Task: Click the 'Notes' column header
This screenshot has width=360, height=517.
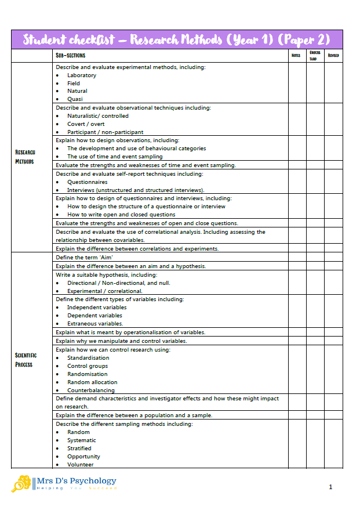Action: (x=296, y=56)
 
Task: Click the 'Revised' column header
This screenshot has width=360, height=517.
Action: (x=333, y=56)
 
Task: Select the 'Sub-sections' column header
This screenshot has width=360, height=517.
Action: (x=70, y=56)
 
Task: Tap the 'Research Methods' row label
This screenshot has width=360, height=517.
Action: (x=25, y=157)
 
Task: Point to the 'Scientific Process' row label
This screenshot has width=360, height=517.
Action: (x=26, y=360)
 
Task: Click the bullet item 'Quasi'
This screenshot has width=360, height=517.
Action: (x=75, y=99)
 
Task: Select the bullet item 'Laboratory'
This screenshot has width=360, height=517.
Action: (x=82, y=75)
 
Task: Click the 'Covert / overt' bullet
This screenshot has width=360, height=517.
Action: (x=86, y=124)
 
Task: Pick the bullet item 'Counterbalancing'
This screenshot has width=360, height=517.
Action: (x=90, y=391)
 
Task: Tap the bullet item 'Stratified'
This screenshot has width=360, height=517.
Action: (x=79, y=449)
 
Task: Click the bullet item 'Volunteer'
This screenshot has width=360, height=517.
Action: (x=80, y=465)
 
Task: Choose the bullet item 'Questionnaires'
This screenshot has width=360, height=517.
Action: (x=87, y=182)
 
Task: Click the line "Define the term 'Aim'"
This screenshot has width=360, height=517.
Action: (x=84, y=257)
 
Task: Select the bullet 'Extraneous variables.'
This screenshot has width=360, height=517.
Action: (x=95, y=324)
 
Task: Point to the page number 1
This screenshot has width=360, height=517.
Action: (x=330, y=487)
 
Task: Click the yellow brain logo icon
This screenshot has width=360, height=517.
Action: (x=21, y=483)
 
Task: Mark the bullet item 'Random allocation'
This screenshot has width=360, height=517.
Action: (x=92, y=382)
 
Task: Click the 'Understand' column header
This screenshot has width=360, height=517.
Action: (x=314, y=56)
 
